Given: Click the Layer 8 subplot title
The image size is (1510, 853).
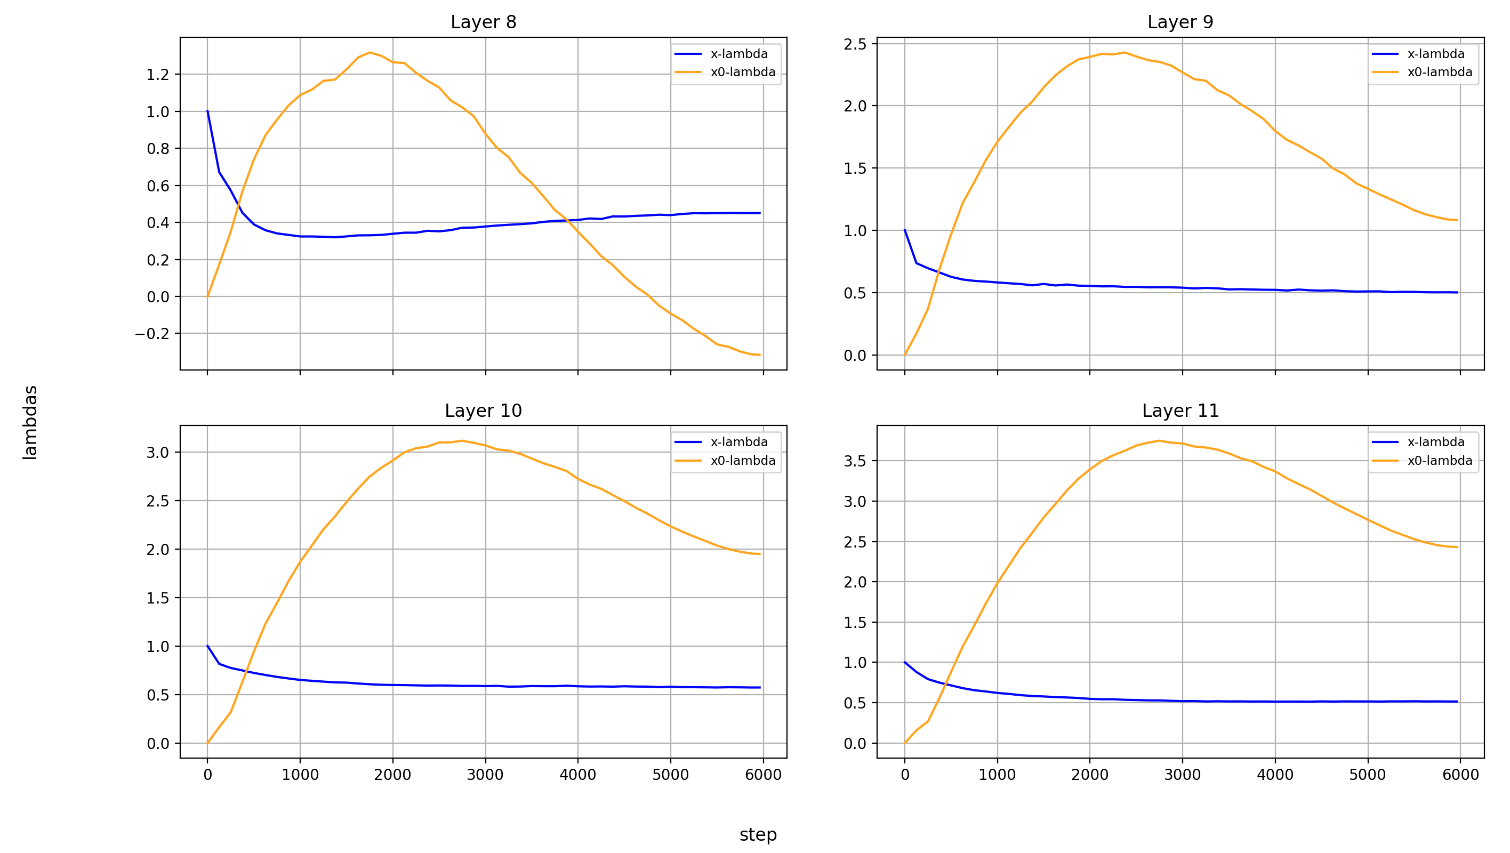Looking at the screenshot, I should coord(483,22).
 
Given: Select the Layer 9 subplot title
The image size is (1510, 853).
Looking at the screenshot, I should coord(1180,22).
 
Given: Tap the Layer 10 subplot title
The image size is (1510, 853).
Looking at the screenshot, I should coord(483,411).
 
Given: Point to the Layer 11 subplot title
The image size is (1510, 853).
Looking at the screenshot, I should coord(1180,411).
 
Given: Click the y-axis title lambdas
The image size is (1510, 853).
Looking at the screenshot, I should coord(30,422).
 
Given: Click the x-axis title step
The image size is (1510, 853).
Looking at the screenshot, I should coord(757,834).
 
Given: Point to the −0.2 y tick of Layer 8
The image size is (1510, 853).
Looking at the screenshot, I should coord(152,334).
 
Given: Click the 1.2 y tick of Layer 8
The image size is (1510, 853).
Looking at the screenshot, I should coord(158,75).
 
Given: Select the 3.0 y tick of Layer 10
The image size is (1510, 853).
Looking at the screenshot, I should coord(158,453).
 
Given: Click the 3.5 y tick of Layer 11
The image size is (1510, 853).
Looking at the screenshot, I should coord(855,461).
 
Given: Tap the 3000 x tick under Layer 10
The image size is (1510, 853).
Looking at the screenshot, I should coord(485,775).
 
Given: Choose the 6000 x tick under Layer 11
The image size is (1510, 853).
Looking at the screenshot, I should coord(1459,775).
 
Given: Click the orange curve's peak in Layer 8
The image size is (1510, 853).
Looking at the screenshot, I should coord(370,52).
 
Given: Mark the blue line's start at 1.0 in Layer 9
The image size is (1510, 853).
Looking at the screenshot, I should coord(904,230).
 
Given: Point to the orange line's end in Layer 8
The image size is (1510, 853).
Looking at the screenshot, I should coord(760,355).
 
